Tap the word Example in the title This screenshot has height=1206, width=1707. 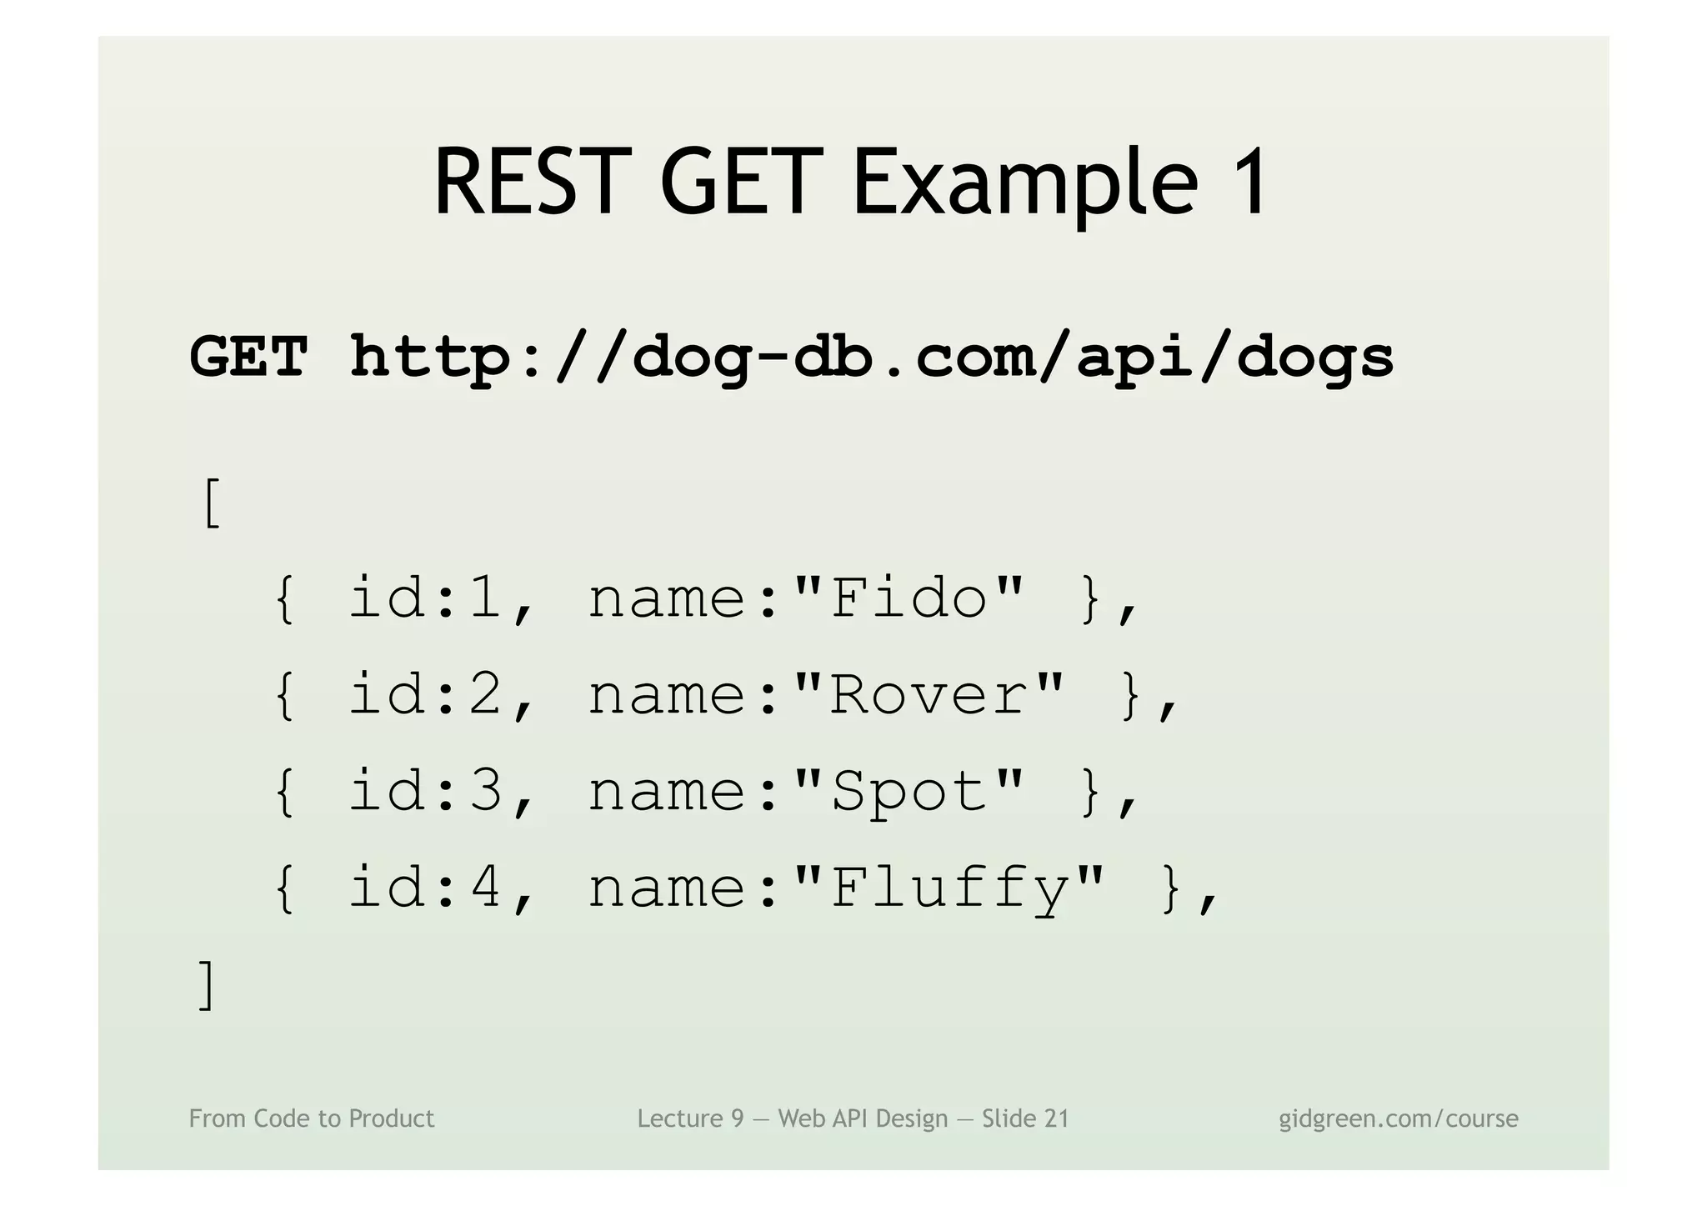click(x=1025, y=183)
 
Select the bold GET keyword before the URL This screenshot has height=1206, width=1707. click(x=248, y=357)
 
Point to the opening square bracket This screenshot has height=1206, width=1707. click(x=212, y=503)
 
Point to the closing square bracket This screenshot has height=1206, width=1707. click(x=207, y=984)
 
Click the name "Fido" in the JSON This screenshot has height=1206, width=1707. click(x=909, y=598)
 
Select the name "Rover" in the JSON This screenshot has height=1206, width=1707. click(x=929, y=694)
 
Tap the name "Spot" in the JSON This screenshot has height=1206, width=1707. click(x=909, y=791)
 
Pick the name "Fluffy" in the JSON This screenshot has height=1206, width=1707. click(x=949, y=887)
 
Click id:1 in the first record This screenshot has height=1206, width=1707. click(x=425, y=598)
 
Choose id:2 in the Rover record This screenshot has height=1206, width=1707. click(x=425, y=694)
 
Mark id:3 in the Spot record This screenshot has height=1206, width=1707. click(x=425, y=791)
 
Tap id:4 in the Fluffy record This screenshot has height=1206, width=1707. click(x=425, y=887)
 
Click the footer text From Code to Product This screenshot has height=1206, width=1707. click(x=312, y=1118)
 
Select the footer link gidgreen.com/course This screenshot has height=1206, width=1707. click(x=1399, y=1118)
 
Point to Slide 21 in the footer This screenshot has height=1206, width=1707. click(x=1025, y=1118)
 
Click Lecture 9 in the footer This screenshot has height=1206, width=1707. click(x=690, y=1118)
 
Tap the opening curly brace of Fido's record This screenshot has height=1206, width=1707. click(x=284, y=598)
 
